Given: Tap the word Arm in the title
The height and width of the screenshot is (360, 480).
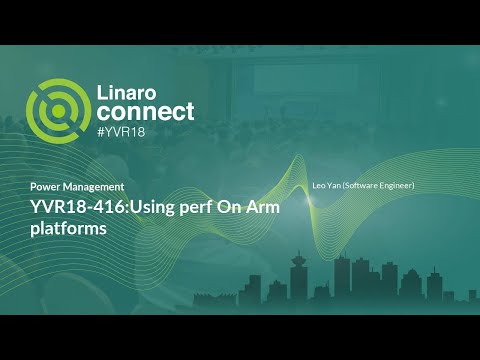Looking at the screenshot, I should tap(259, 207).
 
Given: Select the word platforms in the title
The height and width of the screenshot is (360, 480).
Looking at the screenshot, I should tap(66, 228).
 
